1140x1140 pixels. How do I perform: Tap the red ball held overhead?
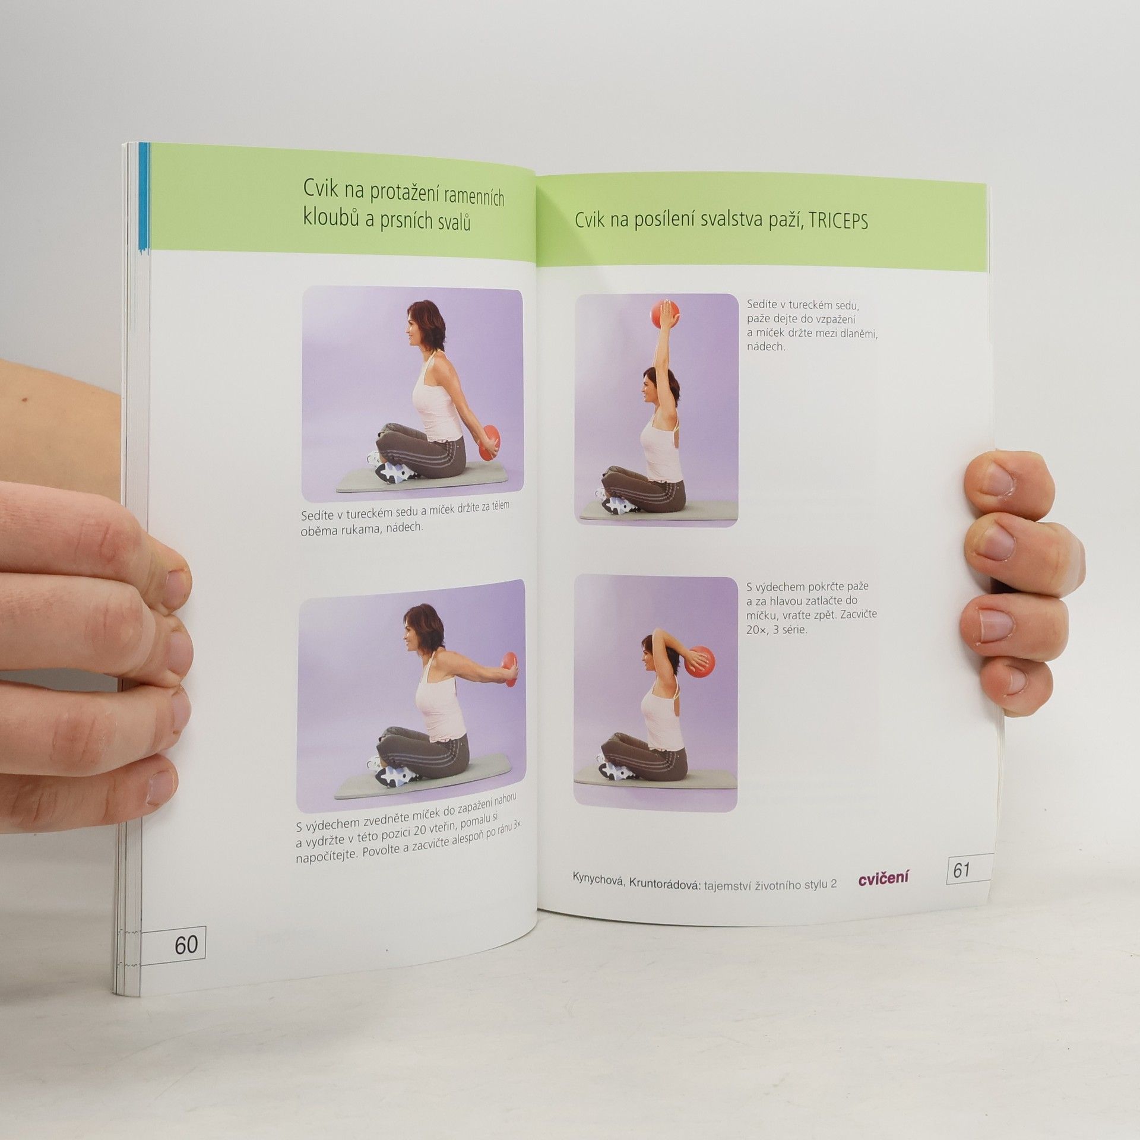663,315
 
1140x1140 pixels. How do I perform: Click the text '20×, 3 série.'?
778,630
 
